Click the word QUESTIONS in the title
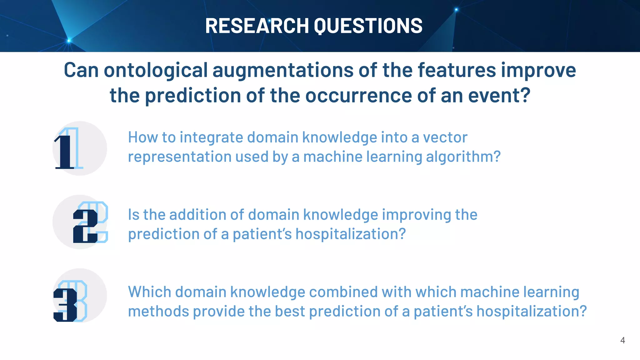(368, 26)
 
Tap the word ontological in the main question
(156, 70)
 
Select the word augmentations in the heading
(283, 70)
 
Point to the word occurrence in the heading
(358, 95)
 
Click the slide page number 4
(622, 340)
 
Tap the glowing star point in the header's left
(69, 41)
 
